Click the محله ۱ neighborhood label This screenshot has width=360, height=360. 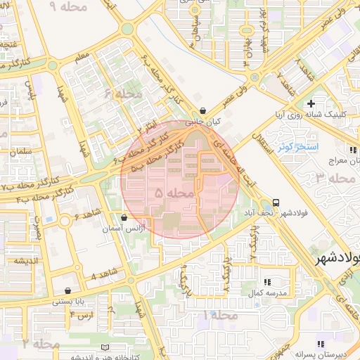(x=219, y=315)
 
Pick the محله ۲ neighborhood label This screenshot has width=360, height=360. (x=41, y=344)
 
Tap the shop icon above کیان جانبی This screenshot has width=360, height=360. (x=202, y=110)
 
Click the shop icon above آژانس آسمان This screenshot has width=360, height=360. (x=124, y=218)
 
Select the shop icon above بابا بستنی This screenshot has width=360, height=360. (x=67, y=290)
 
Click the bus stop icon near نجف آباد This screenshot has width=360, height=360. (x=276, y=201)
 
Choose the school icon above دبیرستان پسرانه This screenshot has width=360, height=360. (x=321, y=343)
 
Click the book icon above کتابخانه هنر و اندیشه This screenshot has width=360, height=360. (x=105, y=347)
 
